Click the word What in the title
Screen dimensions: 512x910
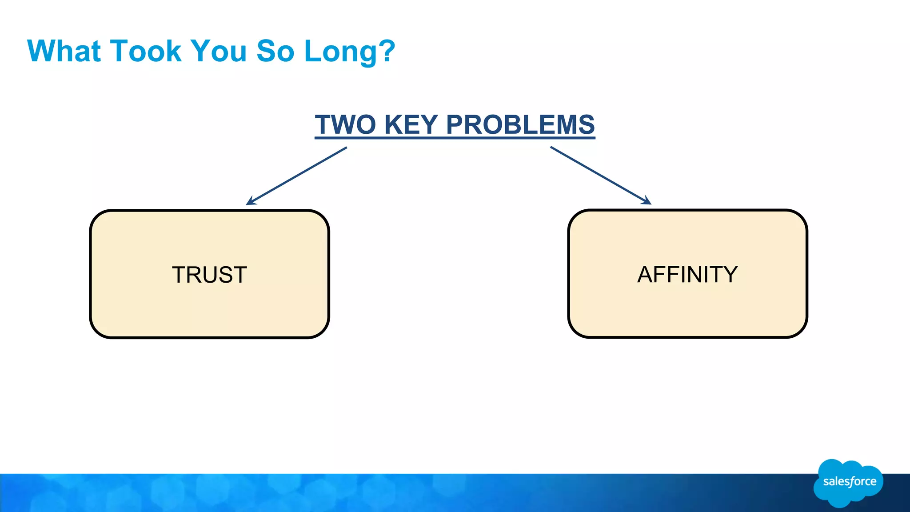click(x=64, y=51)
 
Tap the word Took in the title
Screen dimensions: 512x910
click(x=146, y=51)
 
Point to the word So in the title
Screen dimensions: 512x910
click(x=275, y=51)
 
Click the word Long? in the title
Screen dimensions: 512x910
click(x=349, y=52)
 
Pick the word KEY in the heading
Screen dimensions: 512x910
click(x=411, y=124)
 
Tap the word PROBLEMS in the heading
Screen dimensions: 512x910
click(x=520, y=124)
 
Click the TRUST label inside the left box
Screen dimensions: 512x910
click(x=209, y=275)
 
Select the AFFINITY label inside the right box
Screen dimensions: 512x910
click(x=687, y=274)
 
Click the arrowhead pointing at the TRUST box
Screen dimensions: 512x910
click(x=250, y=202)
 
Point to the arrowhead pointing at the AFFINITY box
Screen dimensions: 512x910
click(x=648, y=202)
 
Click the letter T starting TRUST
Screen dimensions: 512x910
click(x=180, y=275)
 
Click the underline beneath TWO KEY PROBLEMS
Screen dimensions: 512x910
click(x=455, y=138)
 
